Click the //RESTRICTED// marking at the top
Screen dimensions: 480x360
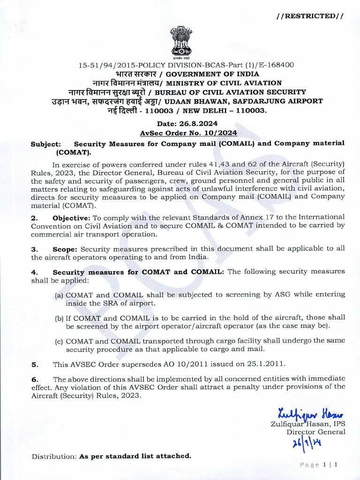[310, 16]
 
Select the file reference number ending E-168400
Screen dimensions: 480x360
[186, 65]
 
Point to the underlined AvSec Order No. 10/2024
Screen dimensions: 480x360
[188, 134]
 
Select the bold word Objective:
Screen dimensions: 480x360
[71, 217]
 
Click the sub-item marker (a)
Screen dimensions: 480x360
[60, 295]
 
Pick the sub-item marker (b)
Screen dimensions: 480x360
[60, 318]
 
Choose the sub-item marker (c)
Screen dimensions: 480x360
[60, 341]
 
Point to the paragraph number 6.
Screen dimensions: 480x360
[34, 379]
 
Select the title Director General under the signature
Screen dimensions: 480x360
[315, 432]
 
